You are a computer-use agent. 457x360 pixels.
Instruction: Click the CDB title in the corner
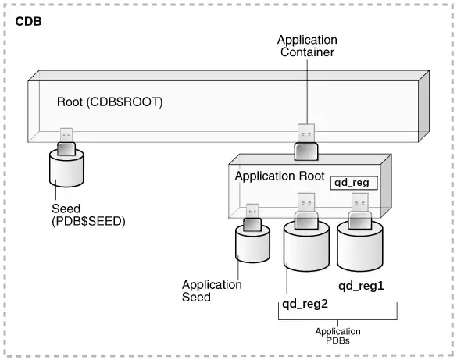click(29, 21)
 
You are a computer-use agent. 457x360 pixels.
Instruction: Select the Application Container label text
click(307, 46)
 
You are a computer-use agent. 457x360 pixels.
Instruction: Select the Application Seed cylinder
click(253, 249)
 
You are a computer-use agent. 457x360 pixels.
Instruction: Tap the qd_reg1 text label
click(361, 286)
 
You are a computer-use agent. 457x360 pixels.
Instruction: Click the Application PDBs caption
click(337, 337)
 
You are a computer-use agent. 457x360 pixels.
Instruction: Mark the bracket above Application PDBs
click(338, 317)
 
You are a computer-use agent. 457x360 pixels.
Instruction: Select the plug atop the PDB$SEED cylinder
click(66, 141)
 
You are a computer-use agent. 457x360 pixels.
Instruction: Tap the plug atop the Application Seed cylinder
click(252, 218)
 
